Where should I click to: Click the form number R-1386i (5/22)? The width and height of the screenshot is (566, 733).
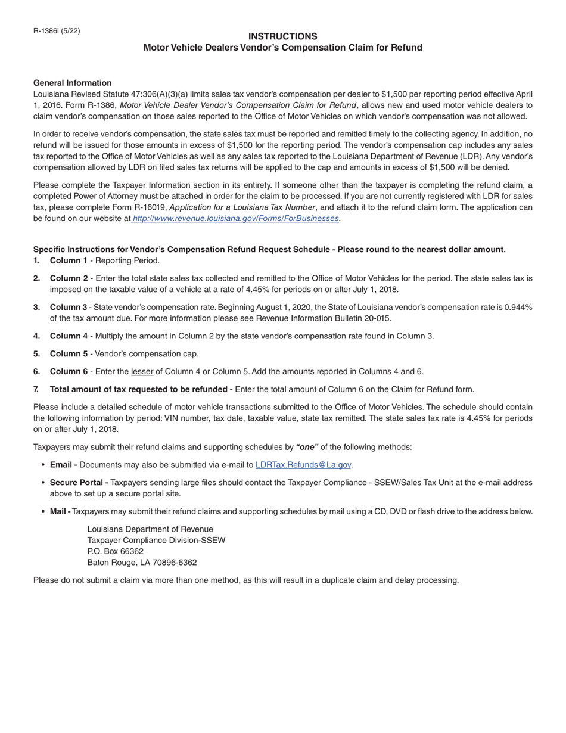coord(57,31)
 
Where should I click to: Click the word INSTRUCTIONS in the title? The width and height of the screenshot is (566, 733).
coord(282,36)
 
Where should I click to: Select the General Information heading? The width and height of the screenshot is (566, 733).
coord(72,83)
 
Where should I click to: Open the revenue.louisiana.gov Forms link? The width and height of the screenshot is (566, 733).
coord(235,219)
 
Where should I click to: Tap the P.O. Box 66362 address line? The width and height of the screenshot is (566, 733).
coord(115,551)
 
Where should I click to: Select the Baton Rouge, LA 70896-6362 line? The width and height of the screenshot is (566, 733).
coord(142,563)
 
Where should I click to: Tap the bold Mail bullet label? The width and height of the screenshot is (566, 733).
coord(60,511)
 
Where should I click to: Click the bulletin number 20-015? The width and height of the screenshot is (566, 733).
coord(375,318)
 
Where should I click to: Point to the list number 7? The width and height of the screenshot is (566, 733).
coord(36,390)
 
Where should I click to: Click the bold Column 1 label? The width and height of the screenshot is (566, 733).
coord(69,261)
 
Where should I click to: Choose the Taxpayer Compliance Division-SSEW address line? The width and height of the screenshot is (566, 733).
coord(156,541)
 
